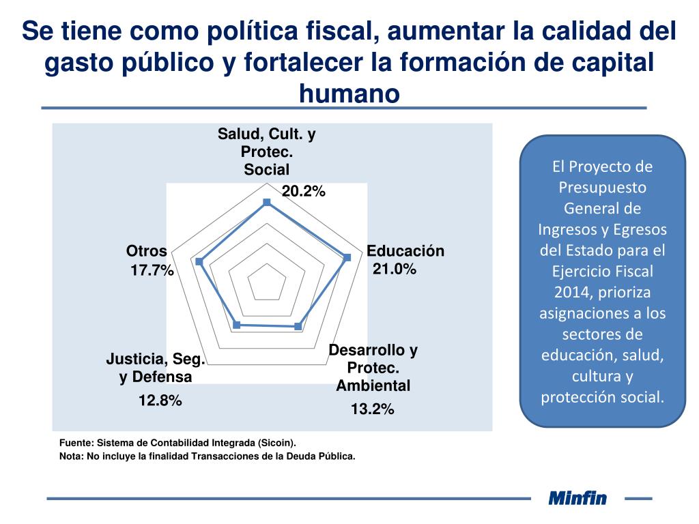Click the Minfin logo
pos(577,498)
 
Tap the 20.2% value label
pos(304,192)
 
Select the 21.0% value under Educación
pos(395,269)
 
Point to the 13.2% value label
pos(373,409)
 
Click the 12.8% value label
pos(160,401)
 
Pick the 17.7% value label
pos(152,271)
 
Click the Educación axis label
pos(405,251)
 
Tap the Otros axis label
pos(147,251)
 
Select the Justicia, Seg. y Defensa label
pos(156,368)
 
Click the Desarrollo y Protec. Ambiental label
pos(373,368)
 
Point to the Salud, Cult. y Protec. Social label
pos(267,151)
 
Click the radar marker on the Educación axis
pos(347,257)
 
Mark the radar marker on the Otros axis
pos(199,261)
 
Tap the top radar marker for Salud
pos(267,202)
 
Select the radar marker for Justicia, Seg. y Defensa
pos(237,325)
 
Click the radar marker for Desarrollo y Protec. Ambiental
pos(298,327)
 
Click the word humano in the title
pos(349,93)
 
